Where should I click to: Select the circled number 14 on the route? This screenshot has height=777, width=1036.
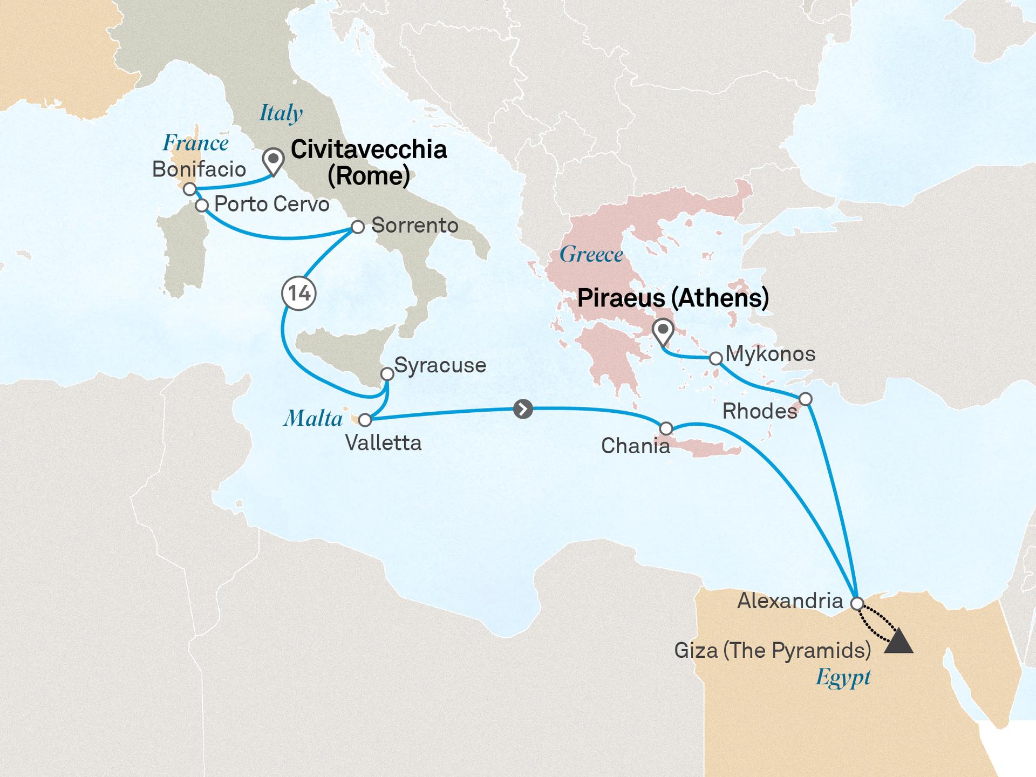(299, 293)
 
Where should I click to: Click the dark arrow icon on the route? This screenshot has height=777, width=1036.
(523, 409)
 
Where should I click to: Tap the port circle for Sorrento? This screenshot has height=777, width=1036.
(357, 227)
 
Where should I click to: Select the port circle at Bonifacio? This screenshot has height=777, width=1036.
(189, 189)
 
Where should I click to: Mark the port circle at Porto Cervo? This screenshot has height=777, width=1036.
(202, 206)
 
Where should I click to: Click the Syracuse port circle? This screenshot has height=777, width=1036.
(387, 374)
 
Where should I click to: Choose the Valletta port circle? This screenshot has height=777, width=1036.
(365, 420)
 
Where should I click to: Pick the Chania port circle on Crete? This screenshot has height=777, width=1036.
(666, 428)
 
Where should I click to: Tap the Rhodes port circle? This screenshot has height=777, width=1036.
(805, 399)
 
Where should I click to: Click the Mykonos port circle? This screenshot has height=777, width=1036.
(715, 358)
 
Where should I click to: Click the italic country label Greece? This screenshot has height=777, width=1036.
(591, 254)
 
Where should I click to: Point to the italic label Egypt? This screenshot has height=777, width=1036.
(843, 677)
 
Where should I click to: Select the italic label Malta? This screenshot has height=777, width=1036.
(313, 418)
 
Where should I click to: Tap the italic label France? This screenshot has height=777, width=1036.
(195, 143)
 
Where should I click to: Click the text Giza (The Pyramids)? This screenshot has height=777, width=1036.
(773, 650)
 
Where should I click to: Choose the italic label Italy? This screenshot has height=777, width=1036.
(281, 113)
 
